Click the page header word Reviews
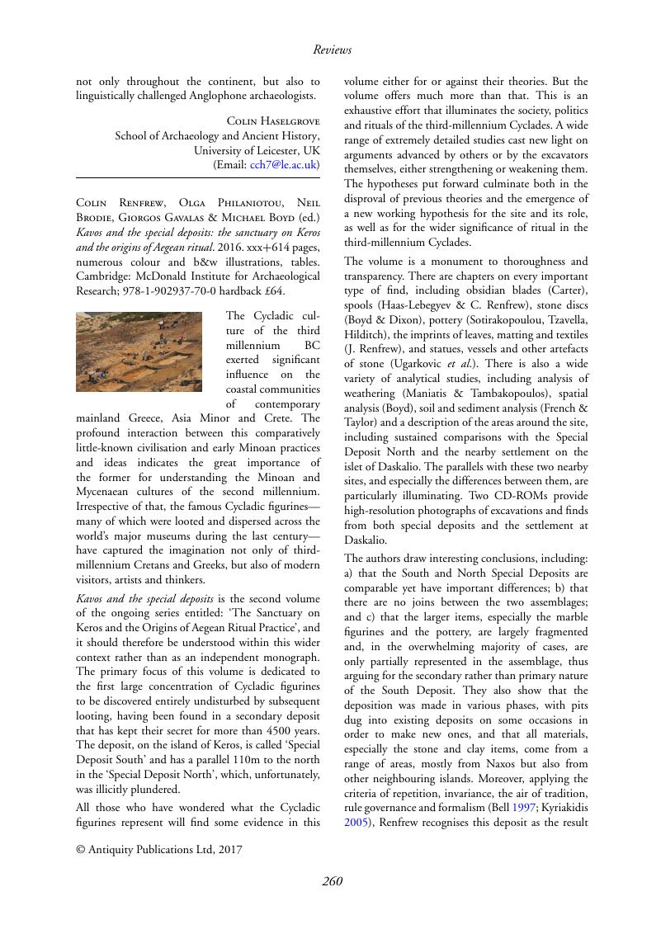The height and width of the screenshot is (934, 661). pyautogui.click(x=332, y=50)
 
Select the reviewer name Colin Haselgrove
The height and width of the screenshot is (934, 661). pyautogui.click(x=272, y=120)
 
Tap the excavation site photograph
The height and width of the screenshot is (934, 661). pyautogui.click(x=139, y=351)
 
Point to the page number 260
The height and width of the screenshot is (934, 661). pyautogui.click(x=332, y=881)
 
